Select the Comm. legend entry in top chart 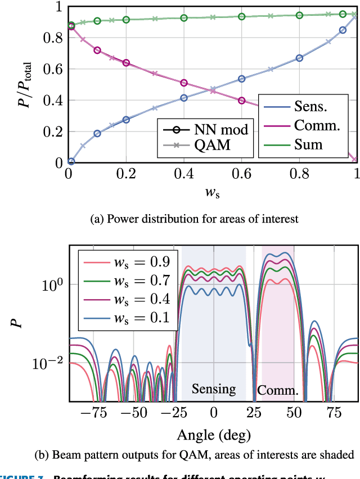point(317,125)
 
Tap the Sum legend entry point(309,144)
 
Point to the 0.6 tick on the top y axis point(52,70)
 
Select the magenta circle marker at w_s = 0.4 point(184,83)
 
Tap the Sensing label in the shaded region point(213,389)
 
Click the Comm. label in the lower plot point(277,390)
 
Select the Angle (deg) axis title point(213,434)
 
